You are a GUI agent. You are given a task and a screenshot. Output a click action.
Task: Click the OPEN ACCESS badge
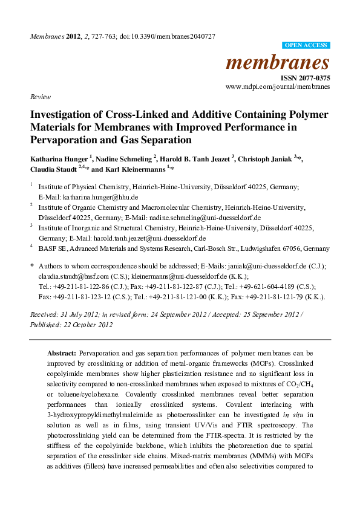(306, 45)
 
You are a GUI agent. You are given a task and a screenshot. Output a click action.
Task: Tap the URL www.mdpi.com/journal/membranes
(278, 86)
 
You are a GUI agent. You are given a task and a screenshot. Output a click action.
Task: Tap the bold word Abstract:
(62, 352)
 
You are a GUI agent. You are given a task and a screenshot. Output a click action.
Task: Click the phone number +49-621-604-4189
(283, 287)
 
